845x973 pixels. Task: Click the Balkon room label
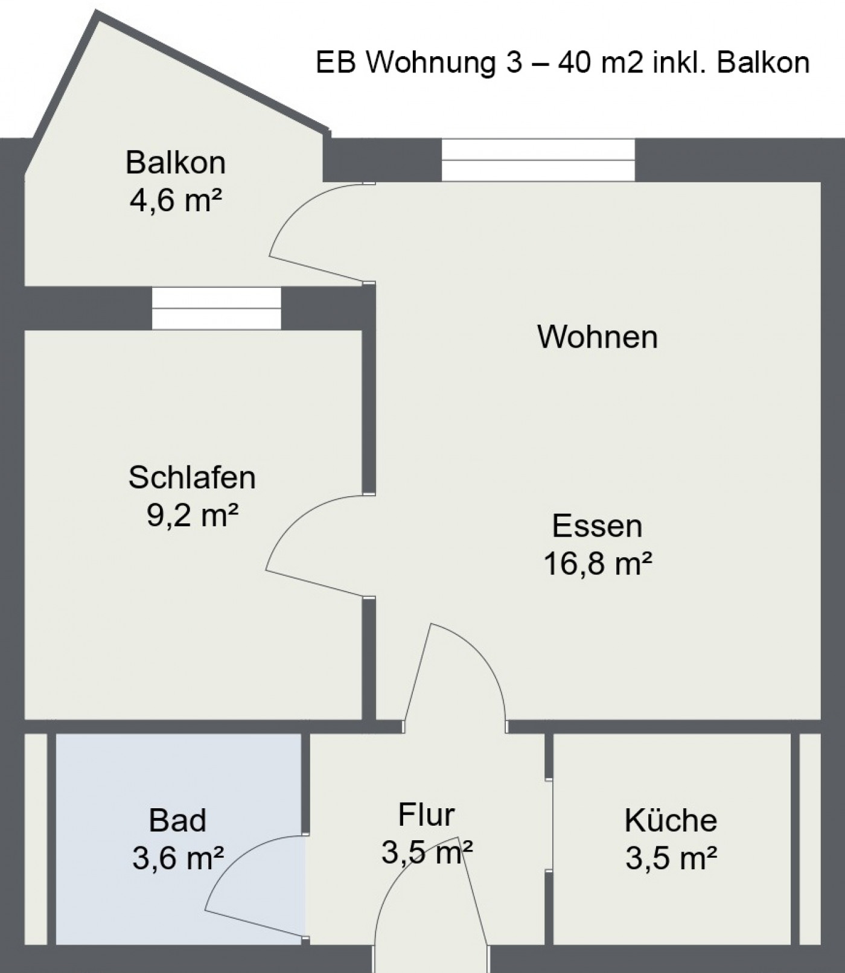coord(176,163)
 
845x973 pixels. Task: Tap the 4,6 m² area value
coord(176,200)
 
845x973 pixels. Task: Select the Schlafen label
coord(192,477)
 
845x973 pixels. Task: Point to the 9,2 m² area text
coord(192,515)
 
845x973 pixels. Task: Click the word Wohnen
coord(598,337)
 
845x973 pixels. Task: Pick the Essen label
coord(598,526)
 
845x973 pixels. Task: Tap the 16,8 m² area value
coord(598,563)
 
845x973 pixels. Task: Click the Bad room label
coord(177,820)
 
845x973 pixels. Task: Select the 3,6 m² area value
coord(177,858)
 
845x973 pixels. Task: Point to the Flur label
coord(426,815)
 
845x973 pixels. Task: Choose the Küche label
coord(671,820)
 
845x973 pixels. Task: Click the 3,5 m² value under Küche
coord(671,858)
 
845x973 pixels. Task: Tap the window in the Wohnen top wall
coord(538,160)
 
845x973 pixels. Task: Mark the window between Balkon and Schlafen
coord(216,308)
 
